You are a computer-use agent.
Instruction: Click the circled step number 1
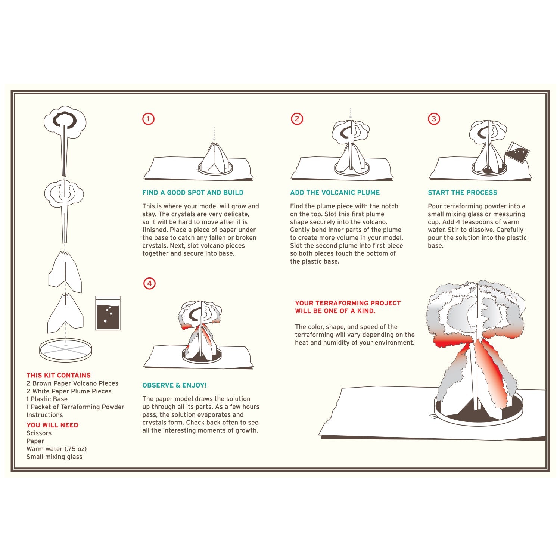pos(148,119)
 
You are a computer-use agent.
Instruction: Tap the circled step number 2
pos(297,119)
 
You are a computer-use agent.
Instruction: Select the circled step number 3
pos(434,119)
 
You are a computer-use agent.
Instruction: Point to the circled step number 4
pos(149,283)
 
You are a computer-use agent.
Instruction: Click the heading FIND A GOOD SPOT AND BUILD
pos(193,193)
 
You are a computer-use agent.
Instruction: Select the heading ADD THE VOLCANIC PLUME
pos(335,193)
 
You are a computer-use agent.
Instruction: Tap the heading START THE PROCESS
pos(462,193)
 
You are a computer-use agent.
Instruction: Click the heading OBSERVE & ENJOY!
pos(174,385)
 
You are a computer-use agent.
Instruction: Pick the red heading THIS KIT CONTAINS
pos(59,376)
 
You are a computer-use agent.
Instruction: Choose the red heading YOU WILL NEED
pos(52,425)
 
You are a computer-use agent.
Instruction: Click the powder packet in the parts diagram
pos(108,313)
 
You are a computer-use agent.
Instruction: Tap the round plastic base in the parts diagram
pos(66,350)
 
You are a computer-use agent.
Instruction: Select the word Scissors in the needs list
pos(39,433)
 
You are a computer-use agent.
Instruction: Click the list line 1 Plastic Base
pos(47,399)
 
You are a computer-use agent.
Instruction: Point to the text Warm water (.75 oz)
pos(56,449)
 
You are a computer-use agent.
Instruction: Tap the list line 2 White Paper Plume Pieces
pos(69,391)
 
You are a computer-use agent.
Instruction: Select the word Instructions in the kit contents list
pos(44,415)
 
